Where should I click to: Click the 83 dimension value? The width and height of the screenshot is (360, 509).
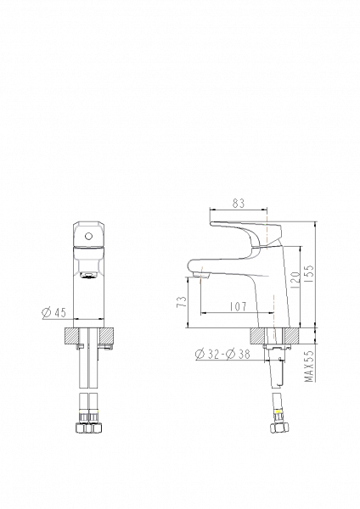(x=238, y=204)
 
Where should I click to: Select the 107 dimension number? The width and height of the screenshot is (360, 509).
(x=238, y=306)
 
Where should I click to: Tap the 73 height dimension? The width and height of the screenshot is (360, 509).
(x=183, y=302)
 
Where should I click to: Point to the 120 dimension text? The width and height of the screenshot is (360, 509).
(x=295, y=281)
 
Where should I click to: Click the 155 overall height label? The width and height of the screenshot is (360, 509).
(x=309, y=273)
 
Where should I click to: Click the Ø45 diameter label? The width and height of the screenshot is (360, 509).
(x=54, y=312)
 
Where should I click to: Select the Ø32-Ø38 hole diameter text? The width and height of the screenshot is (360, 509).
(x=222, y=354)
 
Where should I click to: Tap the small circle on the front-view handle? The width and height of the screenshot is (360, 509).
(x=87, y=236)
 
